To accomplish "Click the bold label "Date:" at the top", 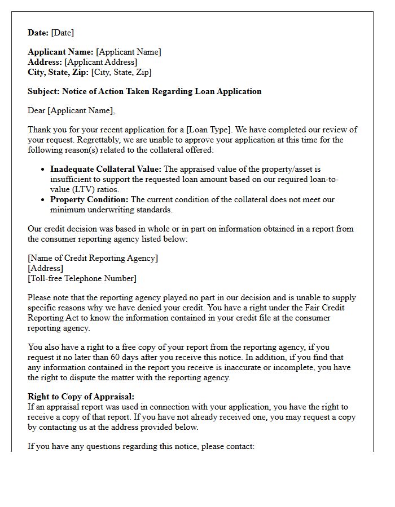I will (x=38, y=33).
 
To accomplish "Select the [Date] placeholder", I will (x=63, y=33).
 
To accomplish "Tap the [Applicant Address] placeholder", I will (x=100, y=62).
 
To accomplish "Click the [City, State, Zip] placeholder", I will (x=121, y=72).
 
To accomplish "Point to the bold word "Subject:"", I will (x=43, y=91).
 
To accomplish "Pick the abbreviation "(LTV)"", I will (x=63, y=189).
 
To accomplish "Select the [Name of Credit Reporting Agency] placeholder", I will (x=93, y=258).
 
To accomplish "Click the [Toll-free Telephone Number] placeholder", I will (x=82, y=278).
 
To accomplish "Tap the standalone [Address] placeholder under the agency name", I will (x=46, y=268).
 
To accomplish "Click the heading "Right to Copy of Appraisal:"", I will (x=81, y=397).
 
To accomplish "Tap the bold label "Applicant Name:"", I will (x=61, y=52).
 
